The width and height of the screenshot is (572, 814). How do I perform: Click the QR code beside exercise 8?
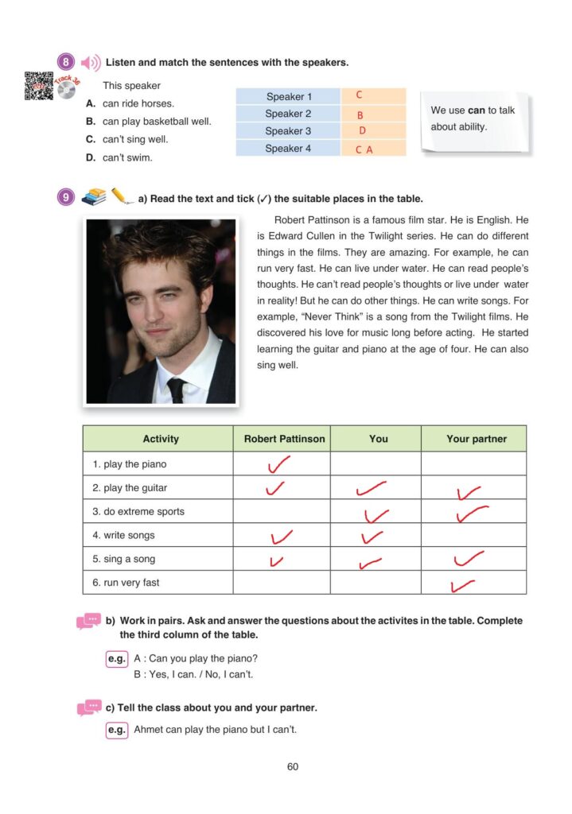[x=38, y=86]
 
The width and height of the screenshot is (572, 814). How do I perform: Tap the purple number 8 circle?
[x=67, y=62]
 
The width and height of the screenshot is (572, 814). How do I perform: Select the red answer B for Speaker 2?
[x=360, y=115]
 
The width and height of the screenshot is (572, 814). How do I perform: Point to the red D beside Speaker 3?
[x=362, y=131]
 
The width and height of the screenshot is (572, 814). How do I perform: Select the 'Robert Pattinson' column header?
[x=284, y=439]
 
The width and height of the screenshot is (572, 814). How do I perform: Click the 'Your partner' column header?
[x=476, y=439]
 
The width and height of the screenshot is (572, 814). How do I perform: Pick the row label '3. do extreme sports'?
[x=138, y=511]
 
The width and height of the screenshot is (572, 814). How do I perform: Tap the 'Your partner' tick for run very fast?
[x=461, y=587]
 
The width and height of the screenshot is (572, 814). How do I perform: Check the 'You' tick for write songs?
[x=372, y=537]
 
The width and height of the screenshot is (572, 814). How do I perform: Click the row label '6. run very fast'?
[x=126, y=583]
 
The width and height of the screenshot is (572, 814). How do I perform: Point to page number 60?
[x=292, y=767]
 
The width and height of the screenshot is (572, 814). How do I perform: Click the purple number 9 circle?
[x=67, y=197]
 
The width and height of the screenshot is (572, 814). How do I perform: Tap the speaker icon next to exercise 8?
[x=91, y=62]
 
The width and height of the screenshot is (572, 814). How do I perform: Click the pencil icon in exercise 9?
[x=121, y=196]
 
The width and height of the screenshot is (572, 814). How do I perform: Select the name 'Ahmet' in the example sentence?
[x=149, y=730]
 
